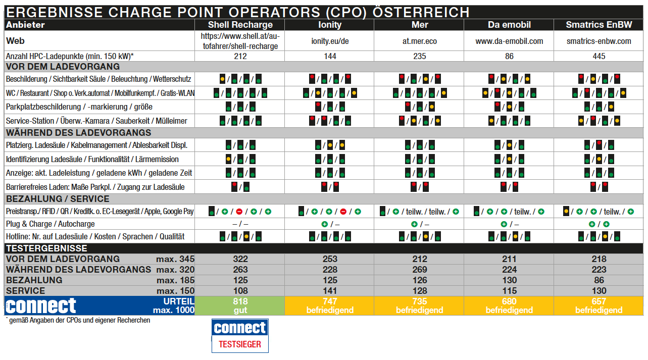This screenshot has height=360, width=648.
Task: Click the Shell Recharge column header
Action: [240, 25]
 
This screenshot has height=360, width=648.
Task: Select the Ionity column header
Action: [330, 25]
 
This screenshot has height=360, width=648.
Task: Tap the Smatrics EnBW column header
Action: [599, 25]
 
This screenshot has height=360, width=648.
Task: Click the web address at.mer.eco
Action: [419, 41]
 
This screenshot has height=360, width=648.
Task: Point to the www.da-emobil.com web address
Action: [509, 41]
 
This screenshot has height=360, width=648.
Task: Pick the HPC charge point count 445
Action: [599, 56]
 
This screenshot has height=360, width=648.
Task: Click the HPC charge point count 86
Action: [509, 56]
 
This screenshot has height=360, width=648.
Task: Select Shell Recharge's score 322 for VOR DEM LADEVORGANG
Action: [240, 259]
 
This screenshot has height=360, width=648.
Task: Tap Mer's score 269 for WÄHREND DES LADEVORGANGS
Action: [419, 270]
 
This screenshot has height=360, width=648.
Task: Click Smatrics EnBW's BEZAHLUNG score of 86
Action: [599, 280]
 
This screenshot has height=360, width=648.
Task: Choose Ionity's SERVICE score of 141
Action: [330, 291]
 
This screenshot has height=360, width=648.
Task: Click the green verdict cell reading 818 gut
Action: [240, 305]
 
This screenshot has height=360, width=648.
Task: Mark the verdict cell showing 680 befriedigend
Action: [509, 305]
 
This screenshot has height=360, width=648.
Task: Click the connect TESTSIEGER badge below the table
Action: [240, 335]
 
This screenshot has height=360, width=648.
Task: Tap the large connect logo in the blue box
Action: [41, 305]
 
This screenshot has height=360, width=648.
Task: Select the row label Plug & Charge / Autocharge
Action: [50, 224]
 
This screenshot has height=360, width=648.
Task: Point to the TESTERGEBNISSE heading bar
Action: [46, 248]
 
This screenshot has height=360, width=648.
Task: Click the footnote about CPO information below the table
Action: [78, 320]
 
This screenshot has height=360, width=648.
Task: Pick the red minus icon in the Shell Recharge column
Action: [239, 211]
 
